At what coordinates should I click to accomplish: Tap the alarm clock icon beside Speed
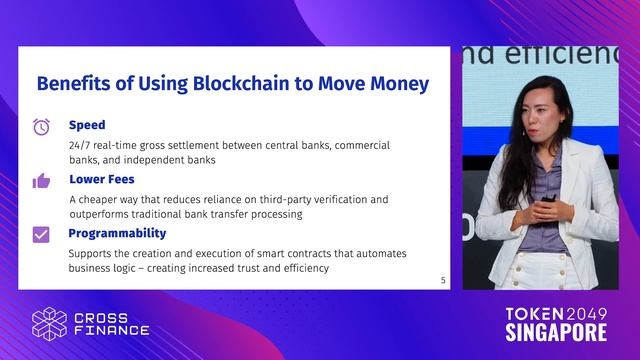(41, 127)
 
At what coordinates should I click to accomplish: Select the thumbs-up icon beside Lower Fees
(41, 181)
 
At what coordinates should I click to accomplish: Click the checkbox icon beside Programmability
(41, 235)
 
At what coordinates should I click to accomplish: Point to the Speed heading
(87, 126)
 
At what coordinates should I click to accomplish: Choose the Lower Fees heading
(103, 180)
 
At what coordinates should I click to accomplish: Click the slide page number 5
(443, 280)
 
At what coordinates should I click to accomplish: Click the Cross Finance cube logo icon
(49, 323)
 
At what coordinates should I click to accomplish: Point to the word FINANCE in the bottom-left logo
(112, 331)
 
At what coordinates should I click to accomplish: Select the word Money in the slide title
(392, 83)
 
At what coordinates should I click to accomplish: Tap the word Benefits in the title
(73, 83)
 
